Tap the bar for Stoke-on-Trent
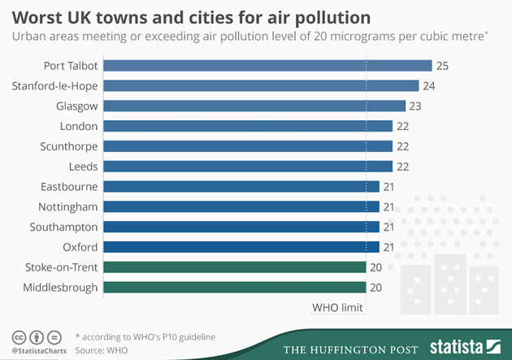(x=236, y=267)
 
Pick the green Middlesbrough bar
(x=236, y=287)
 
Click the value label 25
(x=442, y=66)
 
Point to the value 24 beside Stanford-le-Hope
(x=429, y=85)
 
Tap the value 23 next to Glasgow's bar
(x=416, y=106)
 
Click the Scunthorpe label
(x=69, y=146)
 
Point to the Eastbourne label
(x=69, y=186)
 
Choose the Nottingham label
(x=68, y=206)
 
